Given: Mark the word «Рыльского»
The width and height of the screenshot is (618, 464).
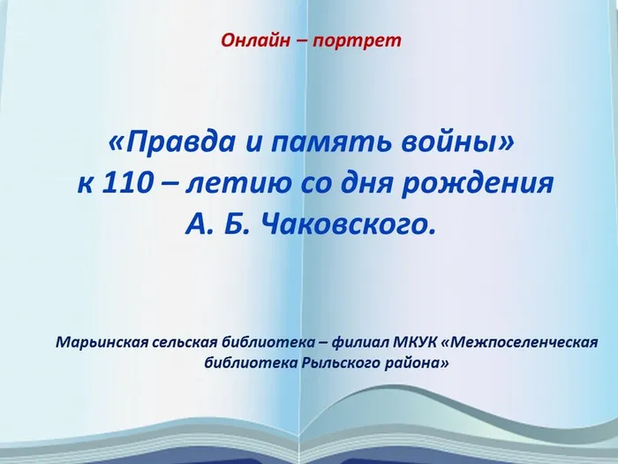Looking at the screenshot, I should (328, 362).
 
